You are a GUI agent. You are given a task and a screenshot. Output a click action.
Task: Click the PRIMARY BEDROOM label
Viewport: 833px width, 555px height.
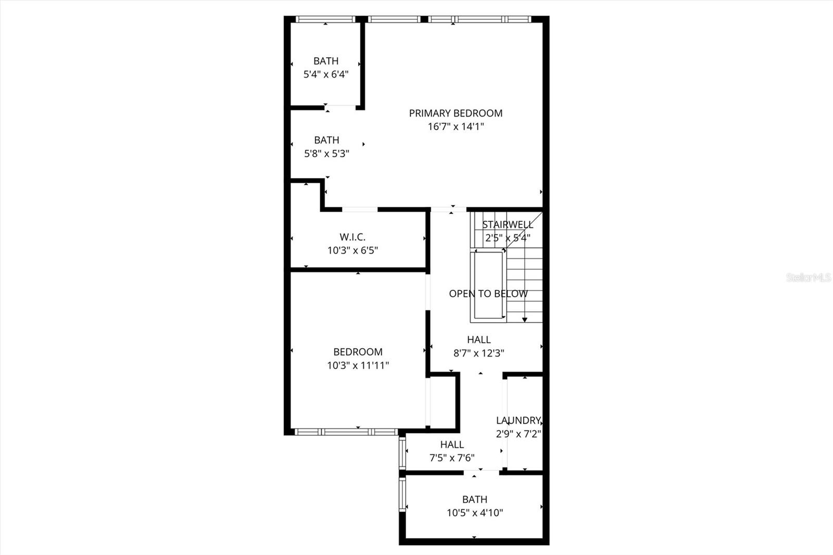(x=456, y=113)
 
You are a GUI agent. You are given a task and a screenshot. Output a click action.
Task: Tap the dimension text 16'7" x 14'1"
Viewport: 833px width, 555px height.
(x=456, y=127)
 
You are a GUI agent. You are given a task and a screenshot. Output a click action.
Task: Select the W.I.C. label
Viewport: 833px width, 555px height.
(x=352, y=237)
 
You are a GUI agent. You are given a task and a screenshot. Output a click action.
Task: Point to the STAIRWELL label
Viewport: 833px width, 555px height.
(x=508, y=224)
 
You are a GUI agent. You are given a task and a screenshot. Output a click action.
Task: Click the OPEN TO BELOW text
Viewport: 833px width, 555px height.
(x=488, y=294)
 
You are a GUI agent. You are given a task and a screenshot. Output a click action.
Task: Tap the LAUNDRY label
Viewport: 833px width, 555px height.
(x=519, y=420)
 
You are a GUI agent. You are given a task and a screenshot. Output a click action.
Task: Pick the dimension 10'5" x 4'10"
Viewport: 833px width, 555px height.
(x=474, y=513)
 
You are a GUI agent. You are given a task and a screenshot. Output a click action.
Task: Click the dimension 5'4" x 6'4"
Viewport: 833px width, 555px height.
(x=326, y=74)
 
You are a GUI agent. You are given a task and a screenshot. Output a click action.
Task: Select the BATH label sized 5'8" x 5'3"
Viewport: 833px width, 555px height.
(x=326, y=140)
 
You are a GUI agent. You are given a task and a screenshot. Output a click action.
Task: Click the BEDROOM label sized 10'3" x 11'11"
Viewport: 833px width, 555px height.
(x=358, y=352)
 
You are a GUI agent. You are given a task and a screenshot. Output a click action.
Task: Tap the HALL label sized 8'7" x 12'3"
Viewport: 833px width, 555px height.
(x=478, y=339)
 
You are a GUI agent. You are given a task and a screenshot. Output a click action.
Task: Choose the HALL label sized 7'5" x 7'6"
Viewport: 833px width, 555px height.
(x=452, y=445)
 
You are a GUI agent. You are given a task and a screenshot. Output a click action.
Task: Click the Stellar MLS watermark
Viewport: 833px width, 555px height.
(x=809, y=277)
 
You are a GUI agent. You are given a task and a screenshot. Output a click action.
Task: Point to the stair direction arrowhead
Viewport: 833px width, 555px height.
(x=525, y=320)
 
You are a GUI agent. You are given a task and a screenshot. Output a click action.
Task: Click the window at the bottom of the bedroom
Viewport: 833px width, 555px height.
(x=346, y=432)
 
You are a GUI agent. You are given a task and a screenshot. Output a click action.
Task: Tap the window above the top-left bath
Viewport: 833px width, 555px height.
(x=325, y=19)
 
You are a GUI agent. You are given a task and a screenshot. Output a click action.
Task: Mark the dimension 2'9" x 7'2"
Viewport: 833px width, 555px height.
(x=519, y=434)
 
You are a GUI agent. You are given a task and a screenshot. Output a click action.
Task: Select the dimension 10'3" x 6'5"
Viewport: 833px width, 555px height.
(x=352, y=250)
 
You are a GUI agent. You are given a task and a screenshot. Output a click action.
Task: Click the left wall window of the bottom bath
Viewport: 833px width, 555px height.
(x=402, y=495)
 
